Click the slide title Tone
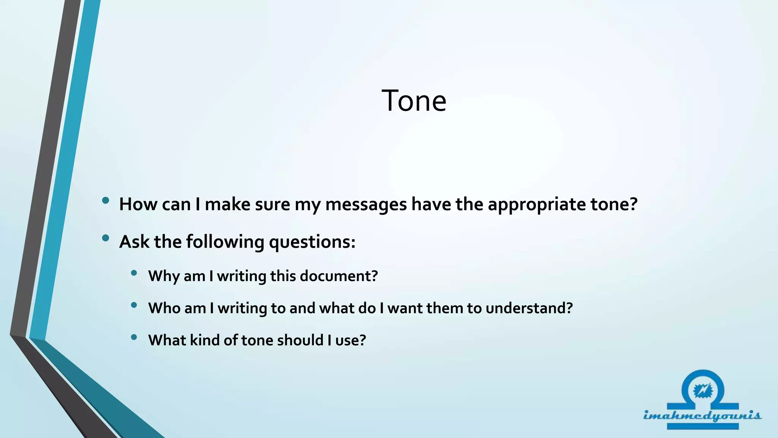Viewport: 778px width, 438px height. (x=414, y=101)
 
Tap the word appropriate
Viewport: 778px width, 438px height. (x=537, y=205)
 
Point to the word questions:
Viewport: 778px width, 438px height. (x=312, y=242)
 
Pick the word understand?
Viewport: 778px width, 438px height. (x=529, y=308)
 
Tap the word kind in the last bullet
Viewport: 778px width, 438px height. (x=204, y=340)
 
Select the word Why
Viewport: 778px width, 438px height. (x=164, y=276)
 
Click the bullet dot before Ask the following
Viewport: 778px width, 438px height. (x=106, y=238)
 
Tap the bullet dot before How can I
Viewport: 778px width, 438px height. (x=106, y=200)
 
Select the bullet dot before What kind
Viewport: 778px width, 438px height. (x=134, y=337)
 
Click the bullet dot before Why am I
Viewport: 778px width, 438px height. (x=134, y=273)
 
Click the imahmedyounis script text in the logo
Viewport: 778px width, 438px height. (x=702, y=415)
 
